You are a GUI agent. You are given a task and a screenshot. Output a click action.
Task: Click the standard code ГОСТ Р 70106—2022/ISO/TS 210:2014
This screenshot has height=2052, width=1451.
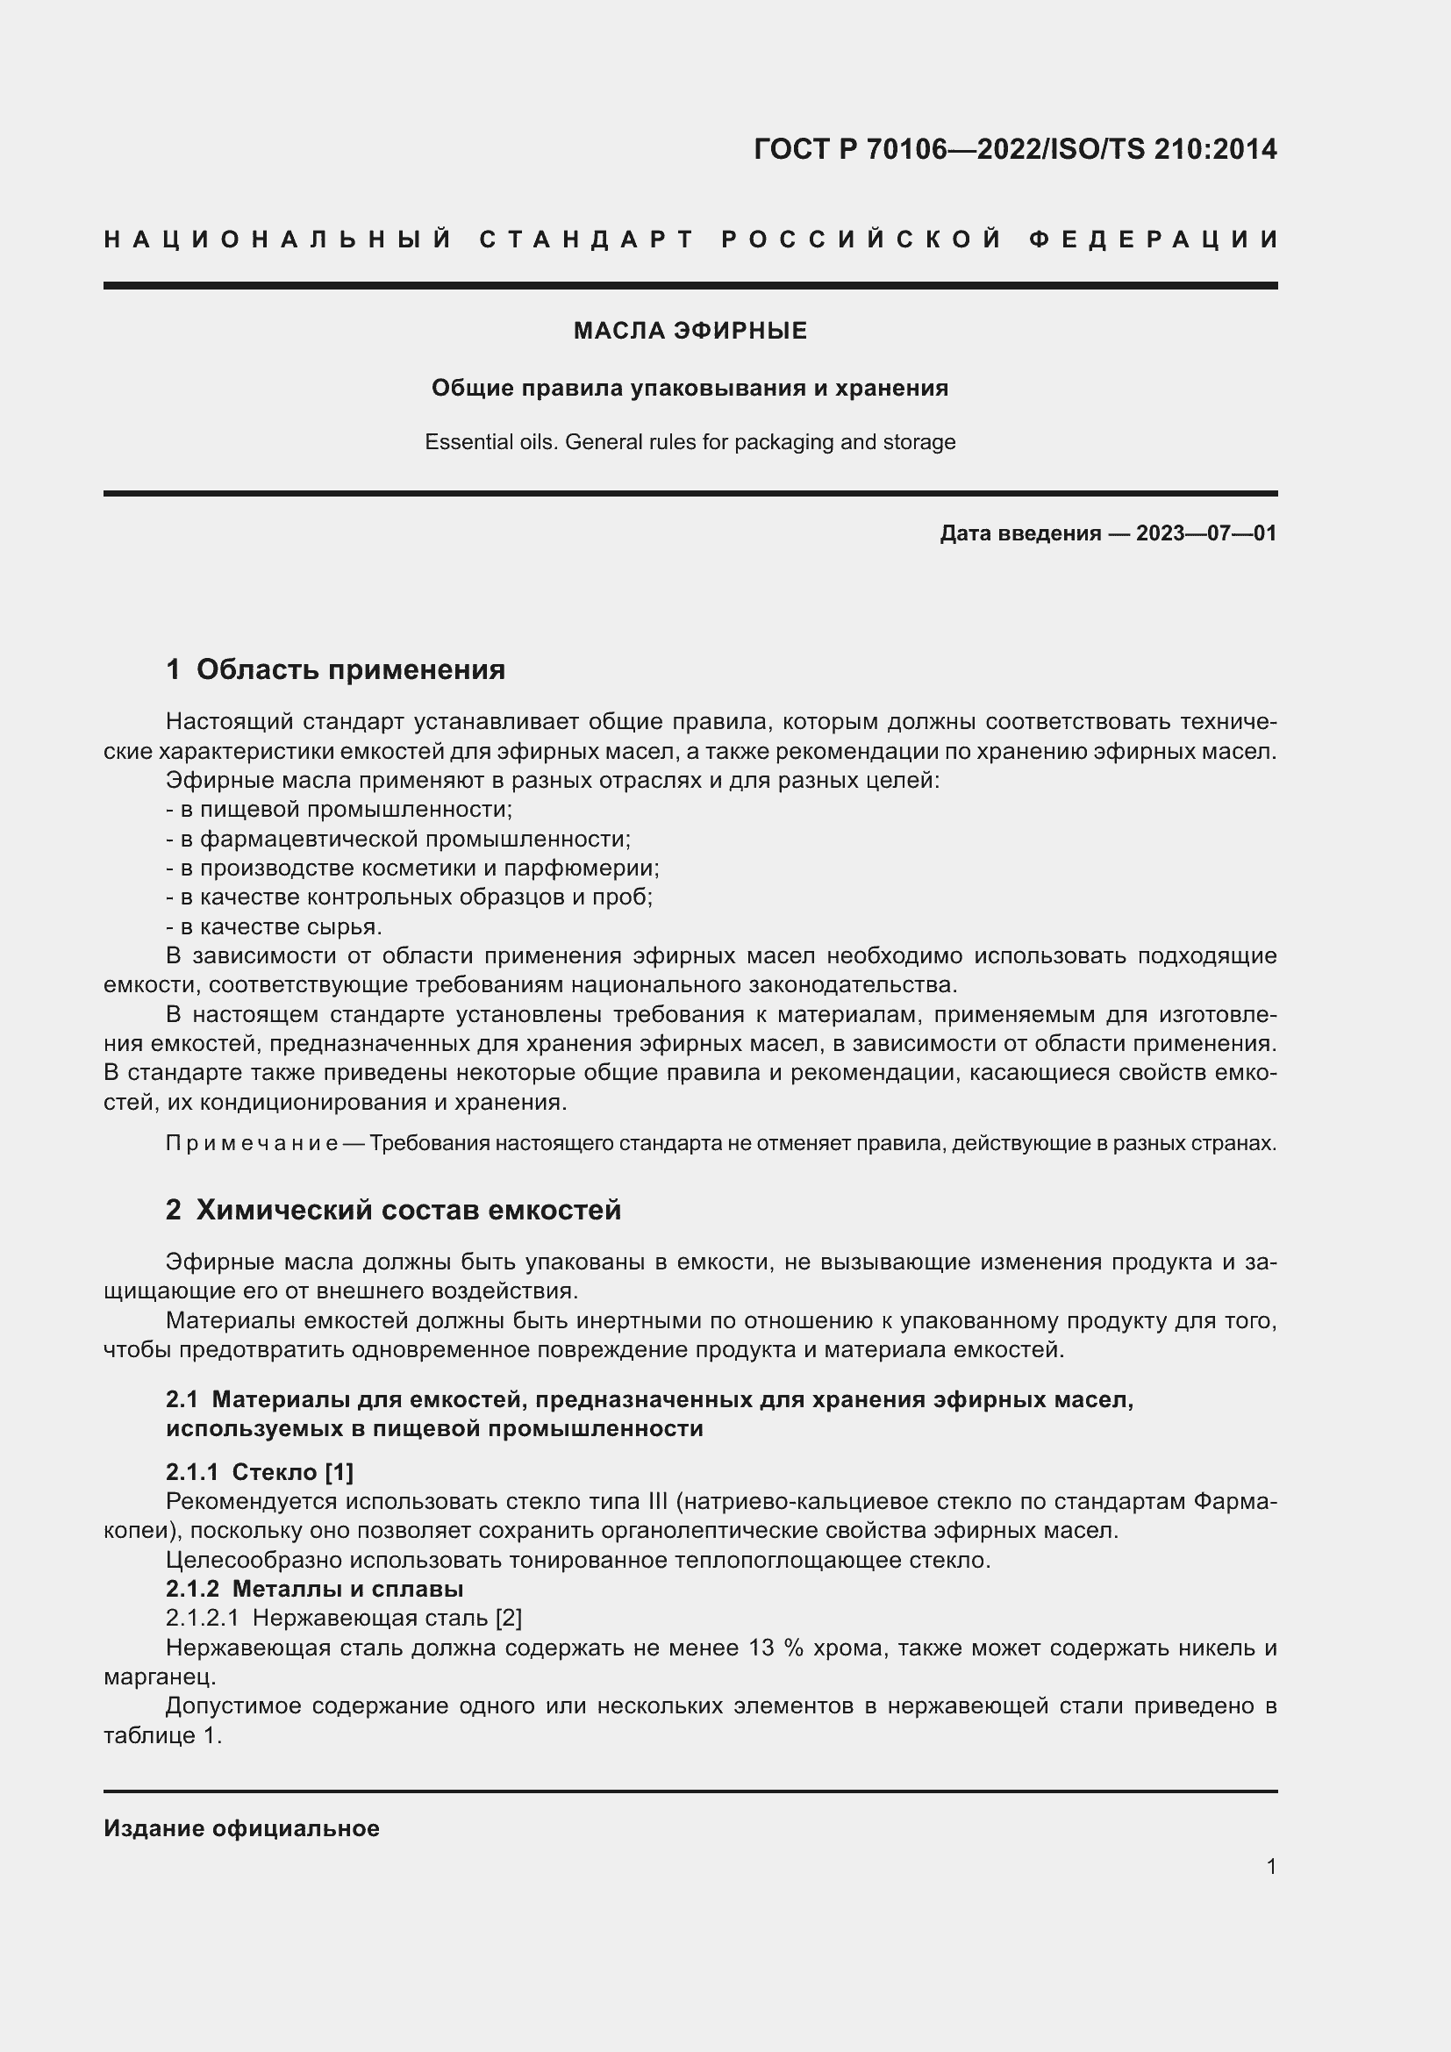point(1015,148)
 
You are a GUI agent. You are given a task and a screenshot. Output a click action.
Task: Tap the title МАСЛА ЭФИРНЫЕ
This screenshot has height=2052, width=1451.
point(690,331)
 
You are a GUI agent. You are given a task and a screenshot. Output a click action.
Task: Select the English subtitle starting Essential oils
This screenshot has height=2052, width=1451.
point(690,442)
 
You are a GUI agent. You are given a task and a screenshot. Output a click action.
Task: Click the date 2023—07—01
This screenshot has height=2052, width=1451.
point(1205,533)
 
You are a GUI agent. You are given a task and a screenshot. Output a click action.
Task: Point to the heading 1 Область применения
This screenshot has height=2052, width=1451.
point(335,669)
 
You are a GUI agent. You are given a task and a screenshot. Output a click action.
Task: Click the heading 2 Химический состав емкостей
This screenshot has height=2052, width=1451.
point(393,1210)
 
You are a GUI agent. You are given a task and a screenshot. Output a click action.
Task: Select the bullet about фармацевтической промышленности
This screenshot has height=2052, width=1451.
point(398,839)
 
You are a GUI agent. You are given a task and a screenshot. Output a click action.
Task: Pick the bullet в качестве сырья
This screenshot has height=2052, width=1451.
point(274,926)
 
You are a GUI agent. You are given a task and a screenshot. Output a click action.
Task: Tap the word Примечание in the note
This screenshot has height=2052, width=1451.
point(251,1143)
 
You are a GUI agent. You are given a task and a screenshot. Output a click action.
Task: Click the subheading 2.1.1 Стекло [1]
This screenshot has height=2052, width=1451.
point(259,1472)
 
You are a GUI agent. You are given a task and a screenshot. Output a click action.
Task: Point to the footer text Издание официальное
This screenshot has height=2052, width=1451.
point(241,1828)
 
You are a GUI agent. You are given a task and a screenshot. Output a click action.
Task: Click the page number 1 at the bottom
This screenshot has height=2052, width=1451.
point(1271,1866)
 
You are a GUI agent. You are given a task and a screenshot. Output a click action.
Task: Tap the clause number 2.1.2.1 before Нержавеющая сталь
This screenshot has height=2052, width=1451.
point(202,1619)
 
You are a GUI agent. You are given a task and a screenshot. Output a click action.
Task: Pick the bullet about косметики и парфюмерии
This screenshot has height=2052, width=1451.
point(413,868)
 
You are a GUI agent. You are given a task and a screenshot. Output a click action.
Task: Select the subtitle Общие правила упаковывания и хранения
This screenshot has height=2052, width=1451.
point(690,388)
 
